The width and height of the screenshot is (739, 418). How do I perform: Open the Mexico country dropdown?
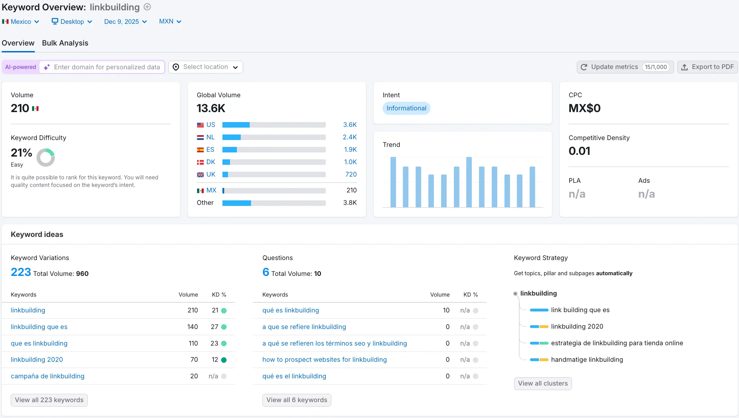coord(21,22)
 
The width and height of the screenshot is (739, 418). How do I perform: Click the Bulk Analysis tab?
coord(65,43)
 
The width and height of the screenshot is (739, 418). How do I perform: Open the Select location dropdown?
coord(206,67)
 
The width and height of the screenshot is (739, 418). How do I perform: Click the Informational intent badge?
coord(406,108)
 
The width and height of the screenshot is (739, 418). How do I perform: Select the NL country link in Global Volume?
coord(210,137)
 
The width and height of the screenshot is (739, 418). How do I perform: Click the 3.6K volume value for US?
coord(350,125)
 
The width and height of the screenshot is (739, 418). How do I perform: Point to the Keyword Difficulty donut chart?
coord(46,158)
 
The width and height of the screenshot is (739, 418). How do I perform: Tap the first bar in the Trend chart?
coord(393,182)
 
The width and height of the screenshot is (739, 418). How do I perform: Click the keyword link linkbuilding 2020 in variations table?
coord(37,360)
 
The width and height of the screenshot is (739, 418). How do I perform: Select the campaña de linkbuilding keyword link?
coord(48,376)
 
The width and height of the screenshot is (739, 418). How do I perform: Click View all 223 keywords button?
coord(49,400)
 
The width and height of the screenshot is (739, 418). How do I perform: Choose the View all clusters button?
coord(543,384)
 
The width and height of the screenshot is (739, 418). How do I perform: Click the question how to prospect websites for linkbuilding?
coord(324,360)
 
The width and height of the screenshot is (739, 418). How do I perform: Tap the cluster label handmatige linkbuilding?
coord(587,360)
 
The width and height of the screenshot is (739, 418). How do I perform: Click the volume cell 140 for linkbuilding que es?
coord(192,327)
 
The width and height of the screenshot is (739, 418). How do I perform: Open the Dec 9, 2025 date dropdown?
coord(125,22)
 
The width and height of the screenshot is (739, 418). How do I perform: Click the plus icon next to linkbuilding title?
coord(147,7)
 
